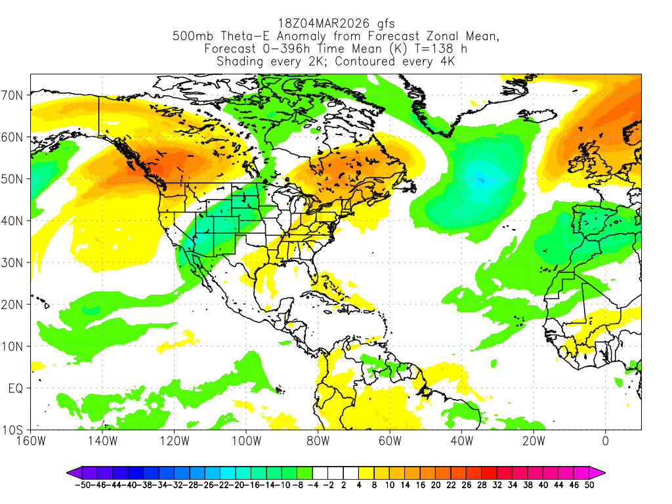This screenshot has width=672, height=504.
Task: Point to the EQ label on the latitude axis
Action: pyautogui.click(x=16, y=388)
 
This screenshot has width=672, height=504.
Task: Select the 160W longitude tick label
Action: pyautogui.click(x=31, y=440)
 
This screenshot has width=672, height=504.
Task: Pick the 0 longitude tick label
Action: pyautogui.click(x=605, y=440)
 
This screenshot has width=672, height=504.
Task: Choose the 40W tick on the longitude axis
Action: pyautogui.click(x=461, y=440)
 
